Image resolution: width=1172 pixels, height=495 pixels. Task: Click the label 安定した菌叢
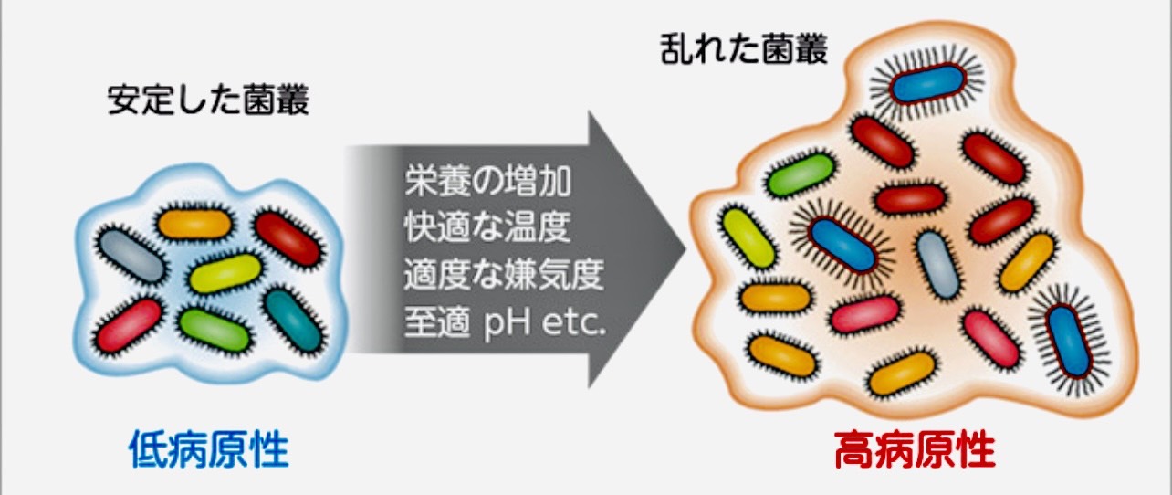coord(209,100)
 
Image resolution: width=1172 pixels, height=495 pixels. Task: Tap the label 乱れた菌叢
coord(744,50)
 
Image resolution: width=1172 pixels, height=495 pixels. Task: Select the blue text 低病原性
coord(209,449)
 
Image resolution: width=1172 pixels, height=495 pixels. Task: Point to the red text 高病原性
coord(914,449)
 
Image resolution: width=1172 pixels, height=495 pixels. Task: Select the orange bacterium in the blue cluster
coord(194,222)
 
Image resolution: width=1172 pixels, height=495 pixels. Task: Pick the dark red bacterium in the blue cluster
coord(287,238)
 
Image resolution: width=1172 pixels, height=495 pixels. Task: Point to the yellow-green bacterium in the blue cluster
coord(225,273)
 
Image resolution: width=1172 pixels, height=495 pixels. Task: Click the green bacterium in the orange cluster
coord(801,177)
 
